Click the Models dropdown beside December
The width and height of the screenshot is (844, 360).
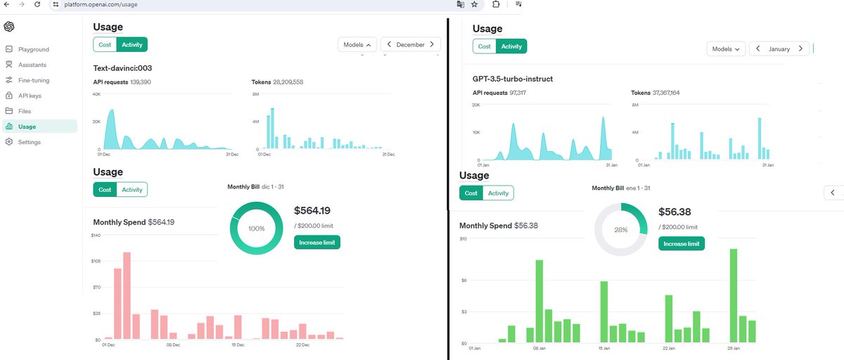[357, 45]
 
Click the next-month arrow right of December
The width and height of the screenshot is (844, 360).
[432, 44]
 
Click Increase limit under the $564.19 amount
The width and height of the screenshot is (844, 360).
[317, 243]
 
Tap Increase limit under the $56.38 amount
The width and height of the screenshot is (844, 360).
[682, 244]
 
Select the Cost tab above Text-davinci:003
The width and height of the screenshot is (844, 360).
[105, 45]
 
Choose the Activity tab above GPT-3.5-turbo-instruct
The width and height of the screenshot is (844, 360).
[511, 46]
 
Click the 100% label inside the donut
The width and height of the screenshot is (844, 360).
[256, 229]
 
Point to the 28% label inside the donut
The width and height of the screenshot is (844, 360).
[620, 230]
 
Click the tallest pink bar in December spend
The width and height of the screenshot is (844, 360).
[127, 295]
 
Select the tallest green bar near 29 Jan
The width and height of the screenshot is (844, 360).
[734, 295]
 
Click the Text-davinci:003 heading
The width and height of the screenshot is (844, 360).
[122, 68]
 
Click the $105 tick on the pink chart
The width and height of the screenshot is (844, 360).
[96, 261]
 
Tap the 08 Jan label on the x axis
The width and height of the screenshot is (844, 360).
[539, 348]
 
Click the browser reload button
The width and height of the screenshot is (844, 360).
[37, 4]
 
